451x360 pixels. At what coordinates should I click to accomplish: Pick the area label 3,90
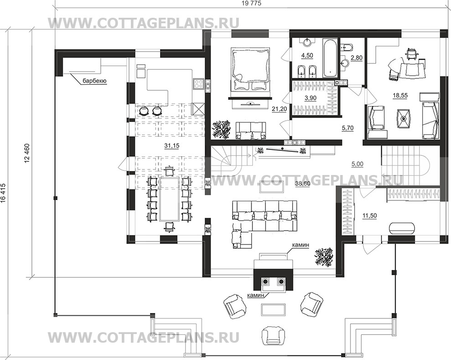tap(311, 98)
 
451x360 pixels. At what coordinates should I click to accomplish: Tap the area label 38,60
tap(302, 183)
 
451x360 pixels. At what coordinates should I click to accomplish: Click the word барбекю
tap(94, 82)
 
